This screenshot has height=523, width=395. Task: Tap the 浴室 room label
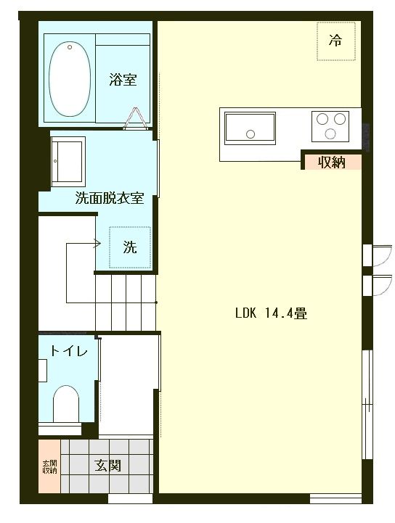click(x=123, y=79)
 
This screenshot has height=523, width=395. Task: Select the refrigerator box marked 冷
click(x=335, y=40)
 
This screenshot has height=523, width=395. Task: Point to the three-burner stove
click(x=331, y=125)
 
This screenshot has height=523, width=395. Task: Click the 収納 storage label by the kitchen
click(x=331, y=162)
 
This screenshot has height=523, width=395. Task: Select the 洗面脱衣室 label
click(x=110, y=197)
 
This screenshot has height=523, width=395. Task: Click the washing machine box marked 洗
click(x=129, y=247)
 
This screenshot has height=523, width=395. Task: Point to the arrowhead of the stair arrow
click(x=96, y=244)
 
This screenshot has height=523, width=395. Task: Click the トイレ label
click(x=69, y=352)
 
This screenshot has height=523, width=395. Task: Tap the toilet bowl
click(x=66, y=403)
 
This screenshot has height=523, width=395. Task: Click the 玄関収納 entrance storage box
click(x=49, y=466)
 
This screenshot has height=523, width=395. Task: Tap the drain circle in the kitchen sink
click(x=251, y=133)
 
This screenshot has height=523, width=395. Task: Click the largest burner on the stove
click(x=332, y=133)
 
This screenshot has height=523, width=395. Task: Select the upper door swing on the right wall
click(x=376, y=255)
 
